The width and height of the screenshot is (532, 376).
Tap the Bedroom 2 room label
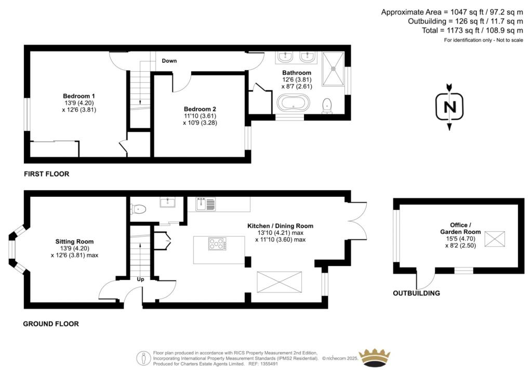[x=200, y=109]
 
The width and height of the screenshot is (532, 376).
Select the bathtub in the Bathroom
[x=293, y=102]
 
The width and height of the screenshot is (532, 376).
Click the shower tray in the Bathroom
[x=333, y=69]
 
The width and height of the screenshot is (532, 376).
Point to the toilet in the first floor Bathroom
[x=327, y=105]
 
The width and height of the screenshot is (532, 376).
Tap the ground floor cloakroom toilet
[x=139, y=209]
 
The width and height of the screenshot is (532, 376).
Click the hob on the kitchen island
[x=217, y=244]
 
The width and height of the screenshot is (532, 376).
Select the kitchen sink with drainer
[x=205, y=204]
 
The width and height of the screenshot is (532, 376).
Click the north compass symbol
[x=449, y=106]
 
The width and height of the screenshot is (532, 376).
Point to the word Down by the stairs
[x=169, y=61]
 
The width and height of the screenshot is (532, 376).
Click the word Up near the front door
[x=140, y=279]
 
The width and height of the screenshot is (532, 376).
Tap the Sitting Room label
[x=75, y=241]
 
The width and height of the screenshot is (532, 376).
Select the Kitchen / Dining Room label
[x=280, y=226]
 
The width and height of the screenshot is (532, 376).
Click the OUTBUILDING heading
[x=416, y=293]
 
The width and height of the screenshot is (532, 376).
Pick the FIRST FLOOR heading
[x=46, y=174]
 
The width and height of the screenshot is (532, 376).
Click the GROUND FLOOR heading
[x=51, y=324]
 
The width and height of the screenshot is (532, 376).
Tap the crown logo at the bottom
[x=375, y=358]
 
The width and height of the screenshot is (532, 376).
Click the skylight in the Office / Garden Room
[x=495, y=239]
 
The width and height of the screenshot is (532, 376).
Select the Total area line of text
[x=472, y=31]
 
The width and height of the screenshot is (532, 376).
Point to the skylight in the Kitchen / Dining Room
[x=279, y=282]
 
